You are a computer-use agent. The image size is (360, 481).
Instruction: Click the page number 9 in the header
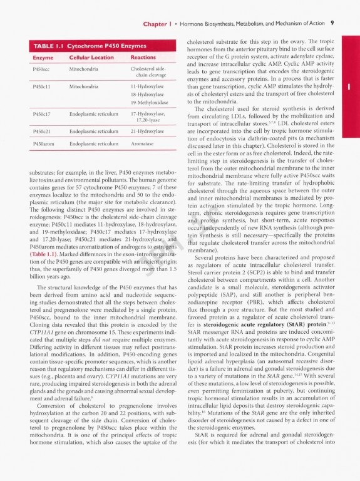coord(332,23)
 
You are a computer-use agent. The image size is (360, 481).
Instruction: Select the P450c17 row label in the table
coord(41,114)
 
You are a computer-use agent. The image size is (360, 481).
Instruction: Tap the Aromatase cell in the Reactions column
coord(143,144)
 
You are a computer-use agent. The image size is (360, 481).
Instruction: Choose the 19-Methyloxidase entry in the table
coord(150,101)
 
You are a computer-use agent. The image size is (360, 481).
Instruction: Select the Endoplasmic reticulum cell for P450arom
coord(93,144)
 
